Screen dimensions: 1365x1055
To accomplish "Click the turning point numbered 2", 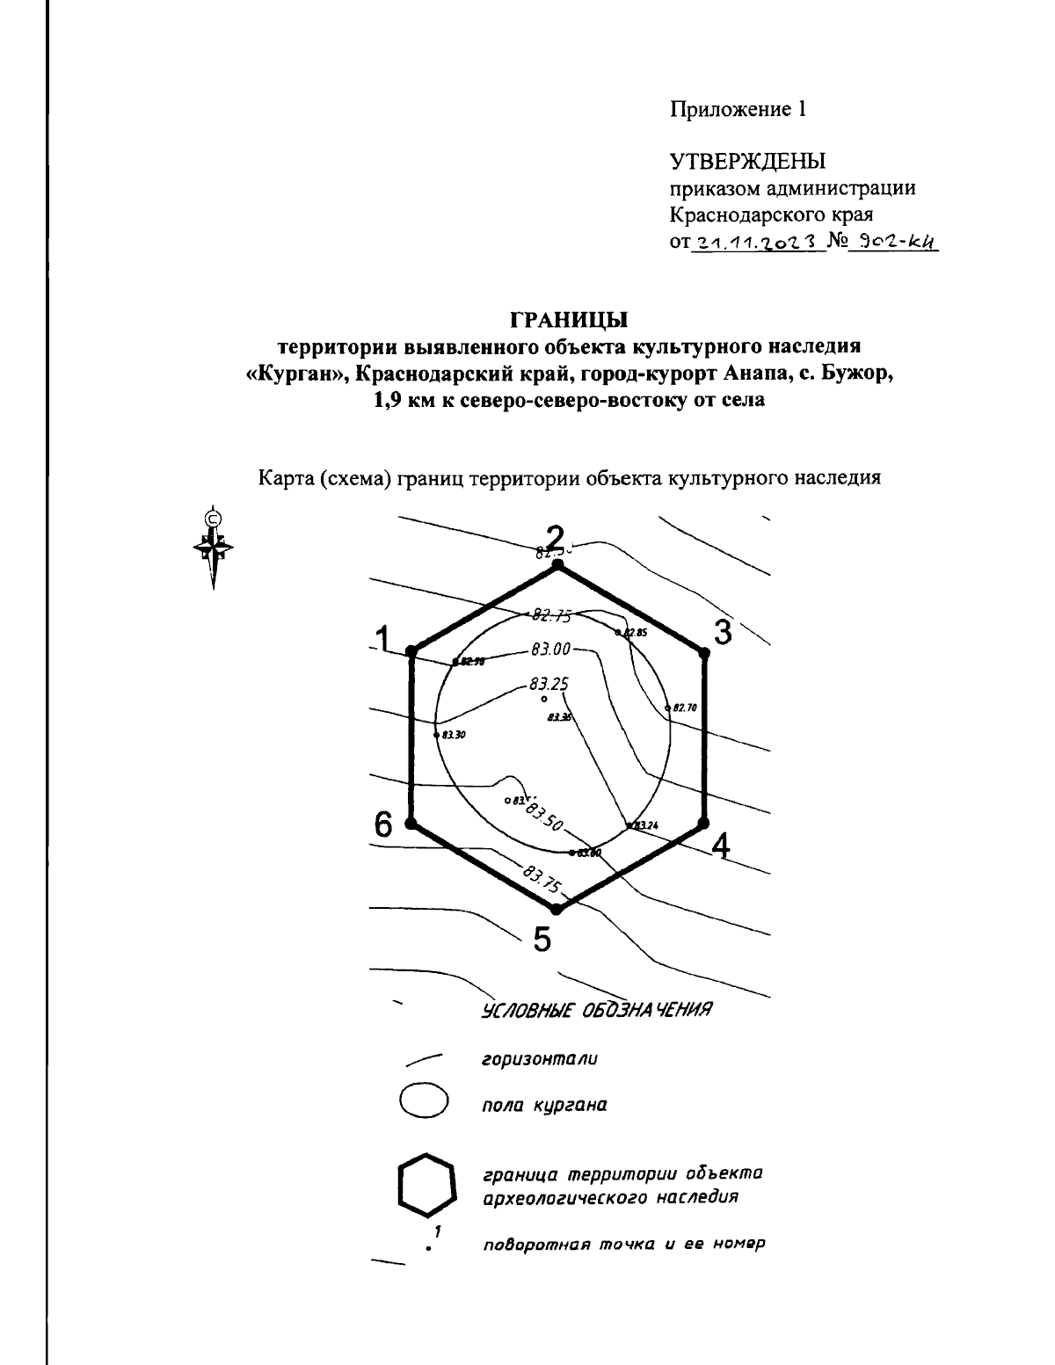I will coord(556,568).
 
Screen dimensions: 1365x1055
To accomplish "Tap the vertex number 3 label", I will coord(723,632).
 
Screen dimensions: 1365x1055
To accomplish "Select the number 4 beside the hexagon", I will coord(721,846).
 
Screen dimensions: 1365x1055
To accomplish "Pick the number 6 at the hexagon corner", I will coord(383,824).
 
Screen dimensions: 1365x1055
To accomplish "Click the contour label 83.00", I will coord(550,650).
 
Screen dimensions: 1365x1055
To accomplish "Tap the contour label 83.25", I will coord(549,682).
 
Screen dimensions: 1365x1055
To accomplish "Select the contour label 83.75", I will coord(541,878).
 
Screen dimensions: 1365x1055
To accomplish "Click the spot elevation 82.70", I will coord(683,707).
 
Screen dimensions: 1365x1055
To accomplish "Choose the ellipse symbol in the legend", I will coord(424,1100).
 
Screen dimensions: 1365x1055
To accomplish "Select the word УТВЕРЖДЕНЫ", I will coord(748,162).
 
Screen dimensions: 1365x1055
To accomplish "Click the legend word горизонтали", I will coord(539,1059).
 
